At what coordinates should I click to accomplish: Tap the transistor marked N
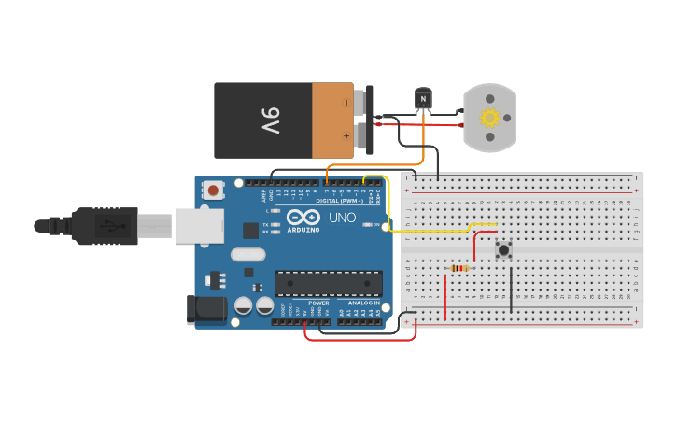pos(423,98)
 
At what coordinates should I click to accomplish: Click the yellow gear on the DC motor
pos(489,118)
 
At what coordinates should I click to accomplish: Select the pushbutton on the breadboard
pos(503,249)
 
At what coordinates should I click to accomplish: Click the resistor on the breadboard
pos(459,269)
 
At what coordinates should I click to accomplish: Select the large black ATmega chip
pos(328,283)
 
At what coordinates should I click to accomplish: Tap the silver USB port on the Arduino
pos(200,225)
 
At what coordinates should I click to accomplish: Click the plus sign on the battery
pos(346,135)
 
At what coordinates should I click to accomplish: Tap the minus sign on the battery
pos(346,103)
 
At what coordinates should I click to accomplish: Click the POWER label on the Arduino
pos(318,303)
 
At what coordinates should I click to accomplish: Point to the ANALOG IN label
pos(365,303)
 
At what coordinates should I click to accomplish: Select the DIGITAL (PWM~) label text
pos(340,201)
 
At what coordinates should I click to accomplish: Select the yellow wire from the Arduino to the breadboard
pos(439,229)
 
